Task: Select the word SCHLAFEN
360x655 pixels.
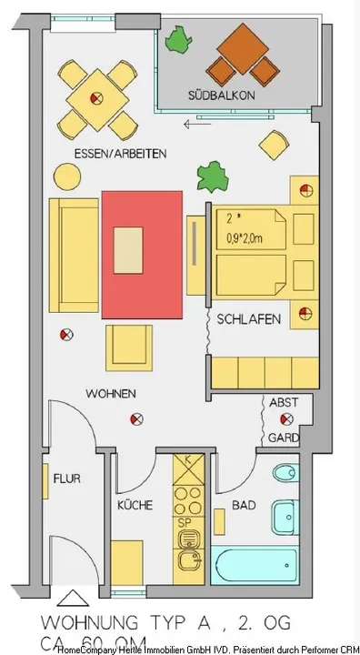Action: [x=248, y=318]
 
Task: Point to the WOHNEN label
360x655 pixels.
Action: [x=111, y=394]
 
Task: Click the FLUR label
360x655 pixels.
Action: [x=67, y=478]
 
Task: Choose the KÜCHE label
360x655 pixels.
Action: [x=134, y=505]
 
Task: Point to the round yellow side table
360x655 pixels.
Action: [x=66, y=175]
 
